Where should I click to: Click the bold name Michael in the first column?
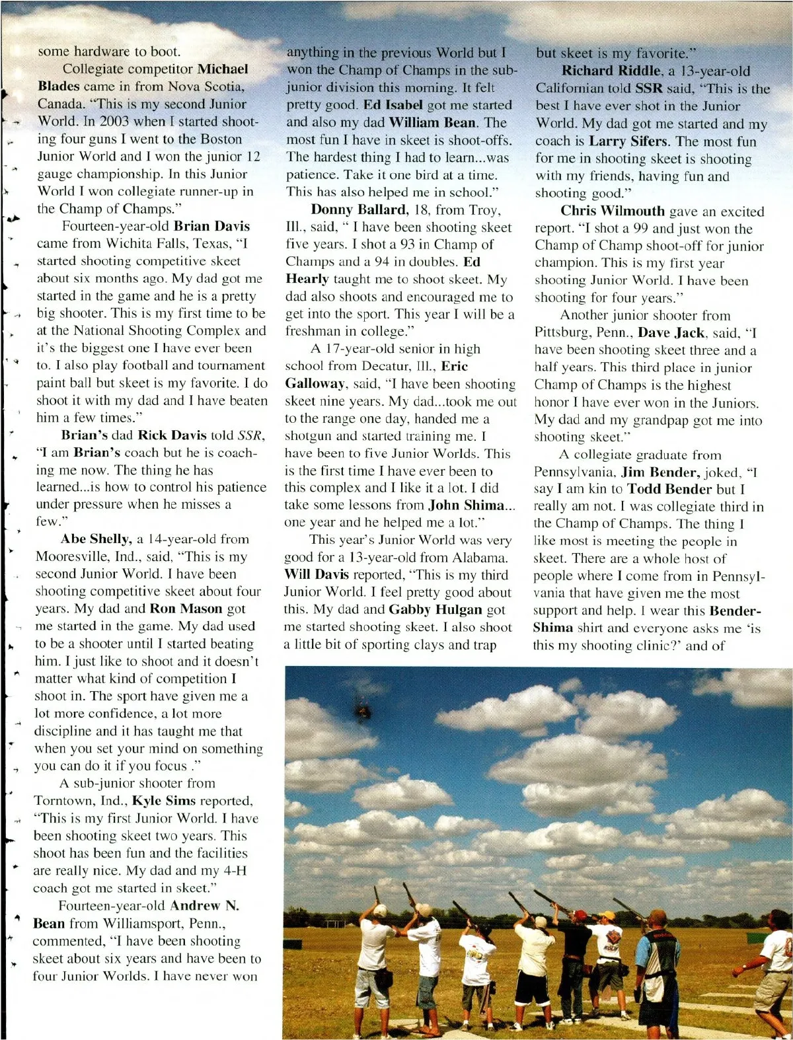click(x=223, y=69)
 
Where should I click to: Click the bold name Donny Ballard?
click(x=359, y=210)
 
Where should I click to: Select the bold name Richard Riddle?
click(x=611, y=71)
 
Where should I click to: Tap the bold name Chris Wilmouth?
click(x=613, y=211)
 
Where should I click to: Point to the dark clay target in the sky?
click(x=362, y=712)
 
